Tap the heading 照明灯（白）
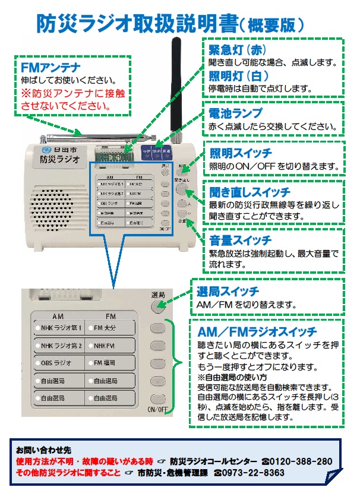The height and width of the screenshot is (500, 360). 238,76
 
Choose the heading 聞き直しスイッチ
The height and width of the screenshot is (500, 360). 250,191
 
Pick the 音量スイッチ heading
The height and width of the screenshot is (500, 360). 240,240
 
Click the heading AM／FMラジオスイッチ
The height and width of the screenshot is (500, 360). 257,331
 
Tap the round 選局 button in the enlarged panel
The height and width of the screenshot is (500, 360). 157,305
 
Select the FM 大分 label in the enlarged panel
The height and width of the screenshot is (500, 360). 108,327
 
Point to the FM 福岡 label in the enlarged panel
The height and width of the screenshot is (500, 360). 108,362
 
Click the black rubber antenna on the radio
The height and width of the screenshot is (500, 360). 176,89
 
